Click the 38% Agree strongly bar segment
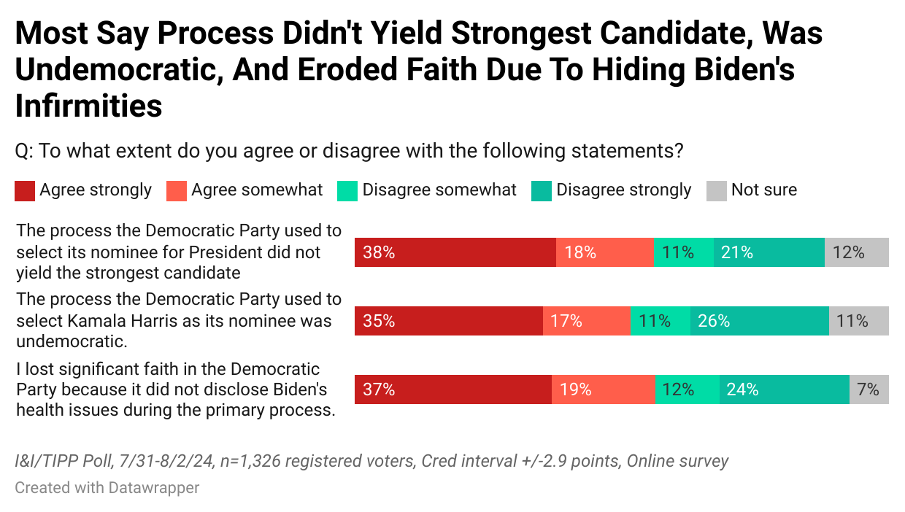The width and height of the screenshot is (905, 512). (455, 252)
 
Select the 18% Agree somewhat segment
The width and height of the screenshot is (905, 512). (604, 252)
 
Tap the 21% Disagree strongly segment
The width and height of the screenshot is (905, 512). (769, 252)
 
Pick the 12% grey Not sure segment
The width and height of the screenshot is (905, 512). (856, 252)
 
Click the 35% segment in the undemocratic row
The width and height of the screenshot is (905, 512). (448, 321)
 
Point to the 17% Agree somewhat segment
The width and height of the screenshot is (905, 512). (586, 321)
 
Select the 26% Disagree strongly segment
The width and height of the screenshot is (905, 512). (759, 321)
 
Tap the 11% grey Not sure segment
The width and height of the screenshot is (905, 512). (858, 321)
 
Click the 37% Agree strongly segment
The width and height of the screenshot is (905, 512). (452, 389)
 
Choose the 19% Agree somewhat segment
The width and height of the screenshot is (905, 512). (603, 389)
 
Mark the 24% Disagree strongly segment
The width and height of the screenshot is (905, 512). (784, 389)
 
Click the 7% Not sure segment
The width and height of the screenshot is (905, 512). (869, 389)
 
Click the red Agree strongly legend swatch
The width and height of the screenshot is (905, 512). (24, 191)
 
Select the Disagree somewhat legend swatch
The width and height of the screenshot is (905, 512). (347, 191)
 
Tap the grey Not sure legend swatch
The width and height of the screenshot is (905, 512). (716, 191)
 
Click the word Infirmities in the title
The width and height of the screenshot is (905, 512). (88, 106)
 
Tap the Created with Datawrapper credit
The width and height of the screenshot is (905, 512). (107, 487)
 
